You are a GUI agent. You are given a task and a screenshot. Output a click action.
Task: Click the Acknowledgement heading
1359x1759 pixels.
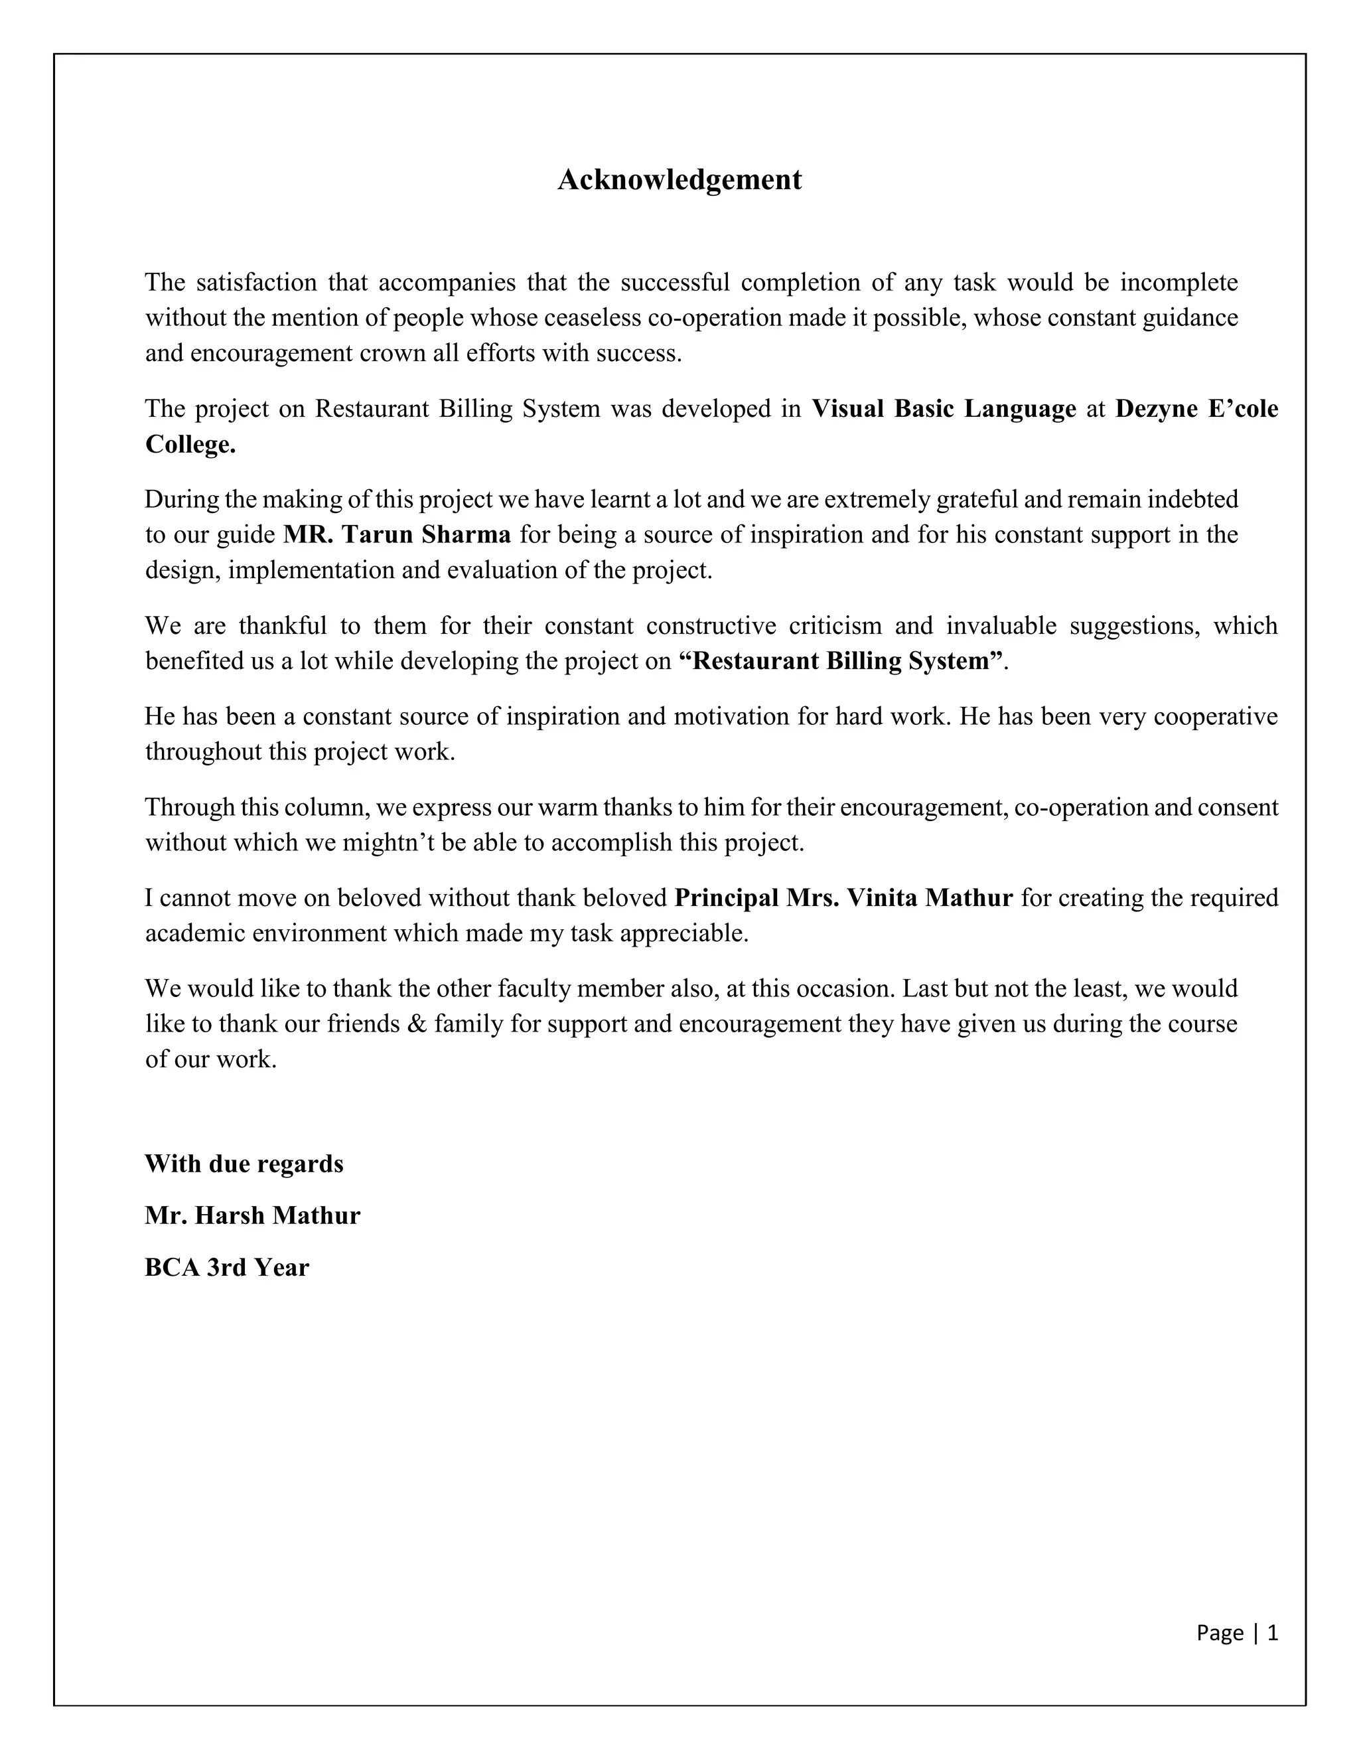tap(679, 180)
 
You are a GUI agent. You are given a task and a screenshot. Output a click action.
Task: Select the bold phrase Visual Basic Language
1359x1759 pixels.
tap(943, 409)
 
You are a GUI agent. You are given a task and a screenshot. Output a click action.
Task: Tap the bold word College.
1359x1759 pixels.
tap(190, 445)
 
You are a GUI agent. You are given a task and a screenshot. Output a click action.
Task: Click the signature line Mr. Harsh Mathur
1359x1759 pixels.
tap(252, 1215)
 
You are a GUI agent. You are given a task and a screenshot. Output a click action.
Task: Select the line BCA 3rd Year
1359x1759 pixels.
tap(226, 1268)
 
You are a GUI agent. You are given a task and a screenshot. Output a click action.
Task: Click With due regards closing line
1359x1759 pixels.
tap(244, 1164)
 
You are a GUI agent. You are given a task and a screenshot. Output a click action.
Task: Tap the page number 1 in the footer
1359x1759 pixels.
tap(1272, 1633)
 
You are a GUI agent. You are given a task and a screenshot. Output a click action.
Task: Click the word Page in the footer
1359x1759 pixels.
tap(1219, 1633)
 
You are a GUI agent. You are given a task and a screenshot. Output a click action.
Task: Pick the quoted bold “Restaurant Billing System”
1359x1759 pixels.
tap(841, 661)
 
